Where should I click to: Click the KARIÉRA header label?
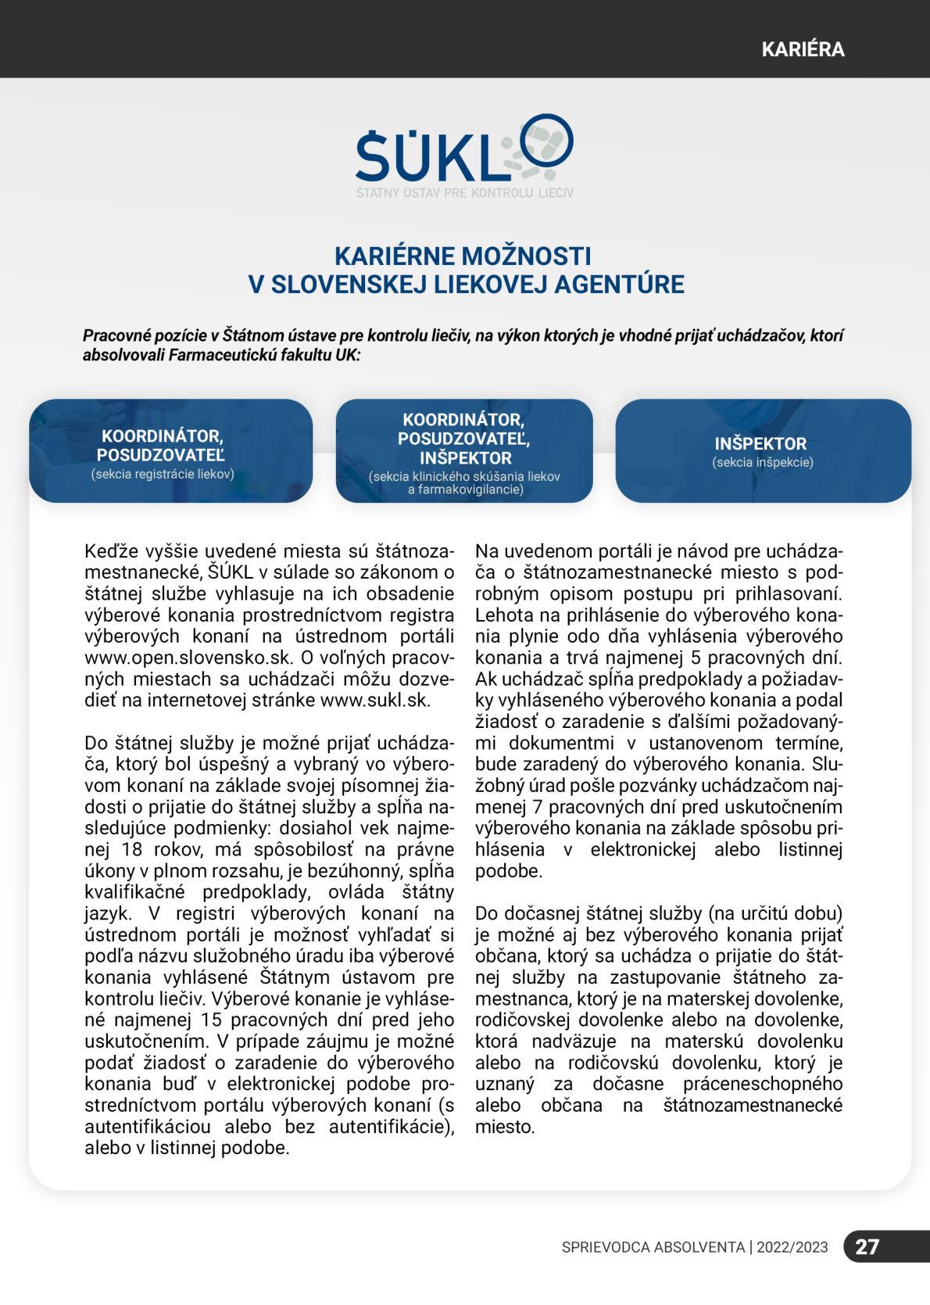coord(803,49)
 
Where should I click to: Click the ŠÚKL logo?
coord(464,156)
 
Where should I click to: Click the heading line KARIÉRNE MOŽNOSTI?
coord(463,256)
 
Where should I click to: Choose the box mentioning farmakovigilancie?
coord(464,451)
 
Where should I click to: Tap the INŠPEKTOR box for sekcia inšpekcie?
coord(762,451)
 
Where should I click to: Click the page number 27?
coord(867,1246)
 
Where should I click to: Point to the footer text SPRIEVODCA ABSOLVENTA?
coord(653,1247)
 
